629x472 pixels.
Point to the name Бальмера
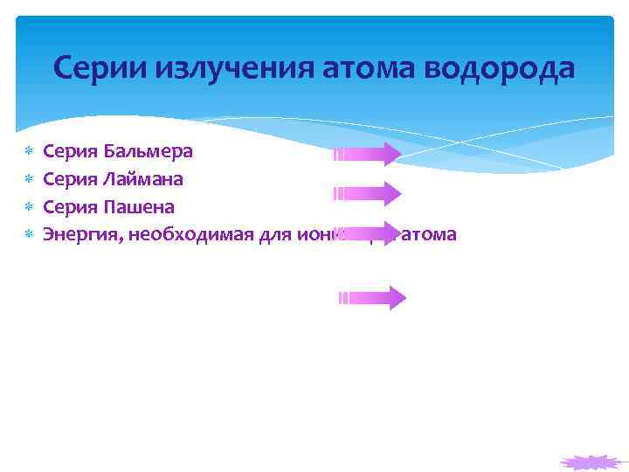click(149, 151)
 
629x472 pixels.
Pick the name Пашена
click(139, 207)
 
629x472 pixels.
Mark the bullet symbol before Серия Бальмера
click(28, 152)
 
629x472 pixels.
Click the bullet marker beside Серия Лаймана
click(28, 180)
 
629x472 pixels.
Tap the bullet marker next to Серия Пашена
click(28, 208)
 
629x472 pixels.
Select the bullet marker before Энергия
click(28, 235)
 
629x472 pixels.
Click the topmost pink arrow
click(367, 155)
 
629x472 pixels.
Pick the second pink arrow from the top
click(367, 193)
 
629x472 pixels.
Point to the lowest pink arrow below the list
click(372, 298)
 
